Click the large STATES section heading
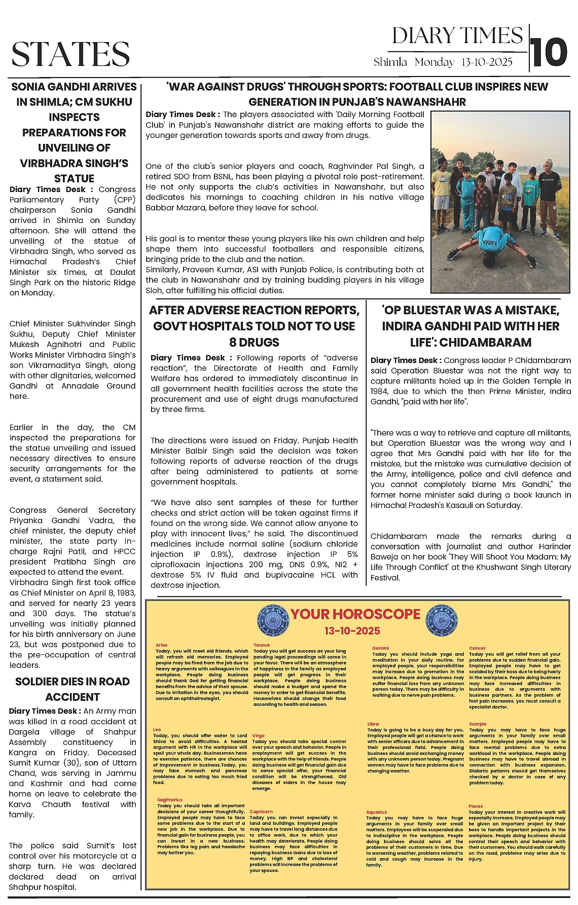pos(70,54)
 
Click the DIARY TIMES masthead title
pos(457,36)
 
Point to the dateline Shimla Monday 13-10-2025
pos(443,62)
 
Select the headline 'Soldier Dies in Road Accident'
pos(73,689)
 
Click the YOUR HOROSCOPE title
pos(355,614)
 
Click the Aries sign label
pos(162,645)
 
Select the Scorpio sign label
pos(478,724)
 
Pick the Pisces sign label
pos(476,806)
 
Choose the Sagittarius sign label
pos(170,800)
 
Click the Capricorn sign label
pos(261,811)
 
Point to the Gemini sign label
pos(380,648)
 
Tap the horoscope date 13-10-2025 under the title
pos(352,631)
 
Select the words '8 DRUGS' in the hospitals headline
pos(254,342)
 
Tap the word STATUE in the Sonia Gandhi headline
pos(74,178)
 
